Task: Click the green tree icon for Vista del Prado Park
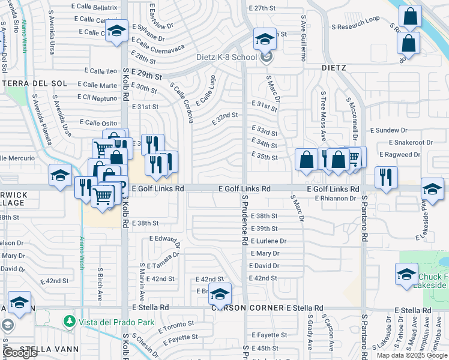click(70, 322)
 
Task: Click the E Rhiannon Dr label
click(335, 198)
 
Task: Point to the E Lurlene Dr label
click(268, 241)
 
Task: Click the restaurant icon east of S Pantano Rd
click(385, 177)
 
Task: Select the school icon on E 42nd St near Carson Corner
click(220, 294)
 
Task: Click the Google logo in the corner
click(20, 353)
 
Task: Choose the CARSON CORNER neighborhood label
click(247, 308)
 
